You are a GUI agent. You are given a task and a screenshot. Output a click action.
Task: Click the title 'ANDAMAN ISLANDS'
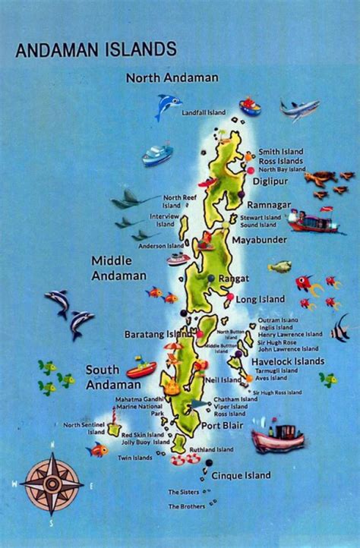96,50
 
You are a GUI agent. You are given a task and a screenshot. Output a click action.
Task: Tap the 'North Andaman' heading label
172,77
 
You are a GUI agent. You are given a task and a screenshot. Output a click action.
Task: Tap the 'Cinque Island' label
240,476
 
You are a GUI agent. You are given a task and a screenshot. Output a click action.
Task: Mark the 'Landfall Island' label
204,113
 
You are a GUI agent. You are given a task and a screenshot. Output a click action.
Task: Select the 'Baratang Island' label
159,334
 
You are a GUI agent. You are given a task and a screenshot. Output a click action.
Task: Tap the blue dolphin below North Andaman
166,106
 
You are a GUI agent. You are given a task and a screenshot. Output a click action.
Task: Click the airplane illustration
299,109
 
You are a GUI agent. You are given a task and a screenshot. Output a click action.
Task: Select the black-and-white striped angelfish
341,329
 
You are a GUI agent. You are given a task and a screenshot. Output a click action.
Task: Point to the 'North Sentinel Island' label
84,428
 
